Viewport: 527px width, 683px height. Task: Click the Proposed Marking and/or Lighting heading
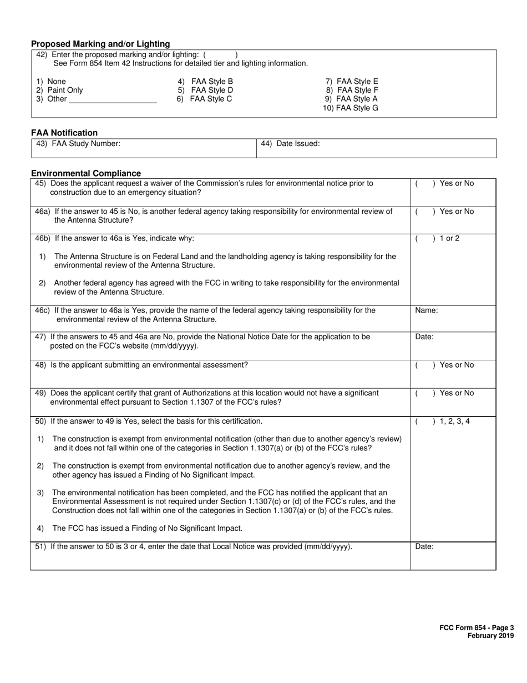click(x=100, y=44)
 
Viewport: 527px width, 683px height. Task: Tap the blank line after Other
click(x=113, y=100)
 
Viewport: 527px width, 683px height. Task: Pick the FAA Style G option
click(x=351, y=108)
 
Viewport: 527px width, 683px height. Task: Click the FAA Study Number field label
click(x=78, y=144)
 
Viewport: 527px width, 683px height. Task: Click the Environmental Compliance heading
click(x=86, y=173)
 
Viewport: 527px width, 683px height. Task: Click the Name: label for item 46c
click(x=426, y=310)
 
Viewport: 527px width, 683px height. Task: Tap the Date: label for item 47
click(x=424, y=337)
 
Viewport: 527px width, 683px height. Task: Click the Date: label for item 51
click(x=424, y=546)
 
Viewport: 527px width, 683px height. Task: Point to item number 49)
click(x=40, y=393)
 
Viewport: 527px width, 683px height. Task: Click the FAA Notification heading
click(x=64, y=133)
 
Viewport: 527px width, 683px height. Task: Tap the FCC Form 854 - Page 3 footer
click(x=477, y=628)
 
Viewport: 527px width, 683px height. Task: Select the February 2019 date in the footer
click(x=490, y=636)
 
